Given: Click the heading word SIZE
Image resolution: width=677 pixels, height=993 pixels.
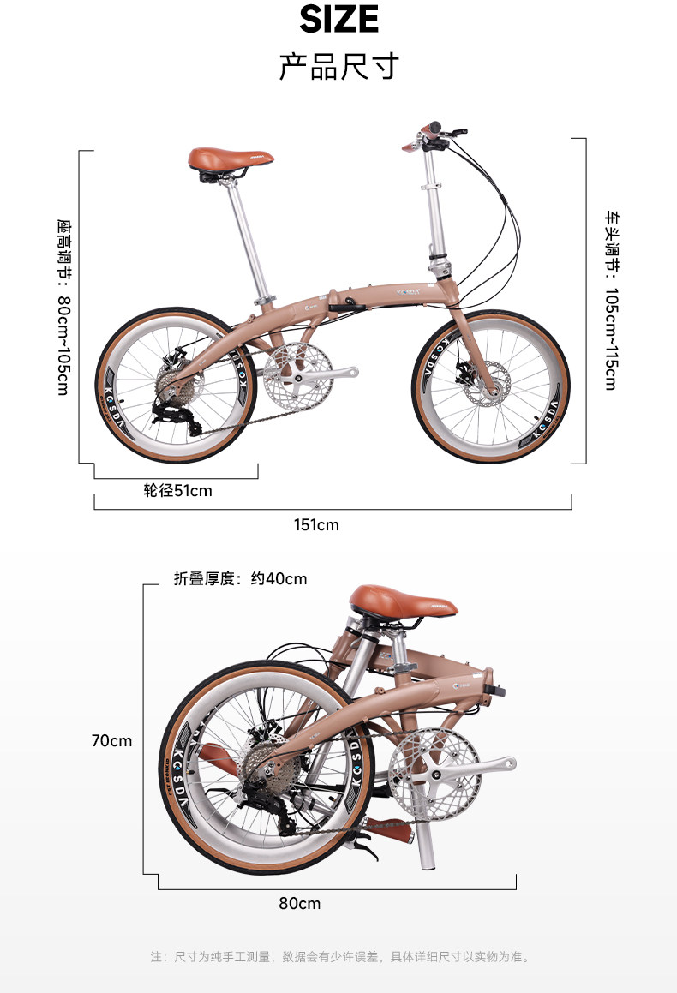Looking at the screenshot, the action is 339,19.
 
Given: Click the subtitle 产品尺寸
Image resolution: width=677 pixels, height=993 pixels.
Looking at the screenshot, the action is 339,66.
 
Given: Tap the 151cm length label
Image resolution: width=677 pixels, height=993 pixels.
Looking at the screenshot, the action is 316,524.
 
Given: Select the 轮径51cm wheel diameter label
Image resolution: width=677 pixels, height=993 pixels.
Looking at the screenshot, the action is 177,491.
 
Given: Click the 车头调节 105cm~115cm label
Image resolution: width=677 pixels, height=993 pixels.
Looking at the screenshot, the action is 610,300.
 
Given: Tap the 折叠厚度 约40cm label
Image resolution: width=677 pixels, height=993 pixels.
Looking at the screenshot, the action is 240,578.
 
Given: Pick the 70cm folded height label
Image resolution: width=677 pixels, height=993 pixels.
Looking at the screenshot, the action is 112,740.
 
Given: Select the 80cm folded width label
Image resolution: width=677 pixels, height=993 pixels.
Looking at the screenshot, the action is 299,903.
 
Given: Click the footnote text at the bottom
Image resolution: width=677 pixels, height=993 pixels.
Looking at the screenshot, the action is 339,956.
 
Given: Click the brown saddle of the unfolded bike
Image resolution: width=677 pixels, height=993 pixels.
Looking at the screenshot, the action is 230,159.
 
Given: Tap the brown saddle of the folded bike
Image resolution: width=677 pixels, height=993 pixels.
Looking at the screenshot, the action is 403,599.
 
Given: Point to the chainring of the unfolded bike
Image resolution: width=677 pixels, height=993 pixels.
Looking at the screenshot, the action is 294,374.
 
